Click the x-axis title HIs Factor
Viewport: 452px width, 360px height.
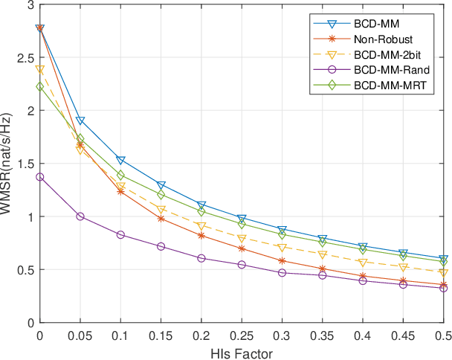click(242, 353)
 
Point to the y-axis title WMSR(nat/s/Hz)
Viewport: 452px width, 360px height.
click(8, 164)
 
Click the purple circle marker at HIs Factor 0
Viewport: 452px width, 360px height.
click(39, 177)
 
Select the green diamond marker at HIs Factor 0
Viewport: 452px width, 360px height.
click(39, 86)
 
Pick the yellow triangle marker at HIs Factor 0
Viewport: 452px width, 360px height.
click(39, 69)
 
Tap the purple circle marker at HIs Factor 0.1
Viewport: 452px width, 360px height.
click(120, 235)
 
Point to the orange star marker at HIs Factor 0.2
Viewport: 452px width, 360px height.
click(201, 236)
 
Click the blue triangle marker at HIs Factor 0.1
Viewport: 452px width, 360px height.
click(120, 160)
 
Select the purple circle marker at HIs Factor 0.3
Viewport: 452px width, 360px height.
click(282, 273)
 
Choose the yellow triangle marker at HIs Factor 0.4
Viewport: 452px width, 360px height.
click(363, 263)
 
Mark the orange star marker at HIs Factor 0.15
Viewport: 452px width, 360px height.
click(161, 219)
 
